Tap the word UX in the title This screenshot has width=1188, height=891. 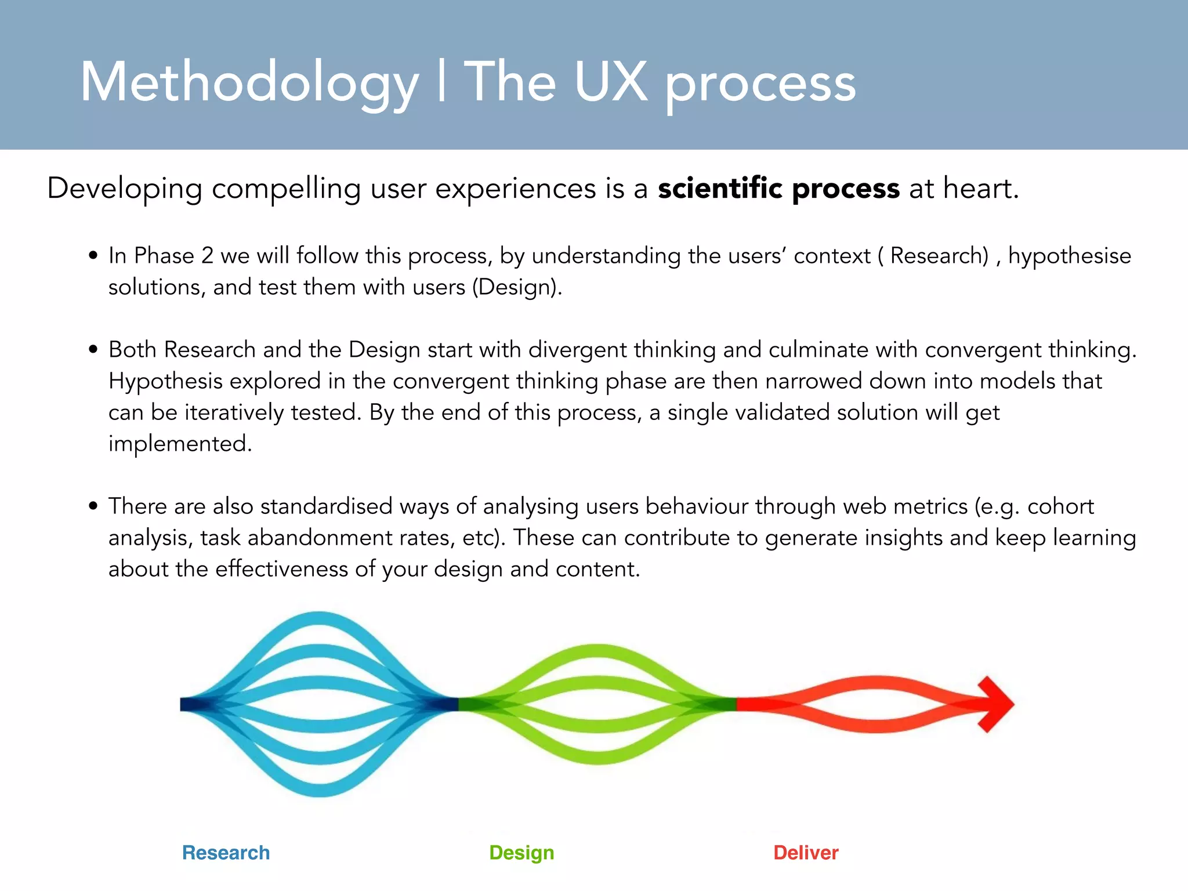pyautogui.click(x=610, y=82)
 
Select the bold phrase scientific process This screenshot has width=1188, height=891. pyautogui.click(x=778, y=189)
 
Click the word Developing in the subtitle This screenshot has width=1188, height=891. pyautogui.click(x=125, y=189)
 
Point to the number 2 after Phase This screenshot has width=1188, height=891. pyautogui.click(x=207, y=256)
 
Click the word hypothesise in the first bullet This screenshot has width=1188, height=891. pyautogui.click(x=1069, y=256)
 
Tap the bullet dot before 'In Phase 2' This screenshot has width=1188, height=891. pyautogui.click(x=93, y=256)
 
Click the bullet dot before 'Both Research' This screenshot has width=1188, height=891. pyautogui.click(x=93, y=350)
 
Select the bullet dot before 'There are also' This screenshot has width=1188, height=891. pyautogui.click(x=93, y=506)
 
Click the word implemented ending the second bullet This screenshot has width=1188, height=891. pyautogui.click(x=180, y=444)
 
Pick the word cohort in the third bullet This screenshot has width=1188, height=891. pyautogui.click(x=1060, y=506)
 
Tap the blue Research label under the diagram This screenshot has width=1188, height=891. pyautogui.click(x=226, y=853)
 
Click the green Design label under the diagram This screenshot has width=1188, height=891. pyautogui.click(x=521, y=853)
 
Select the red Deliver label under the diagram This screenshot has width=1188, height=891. pyautogui.click(x=806, y=853)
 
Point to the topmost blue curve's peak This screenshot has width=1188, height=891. pyautogui.click(x=319, y=618)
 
